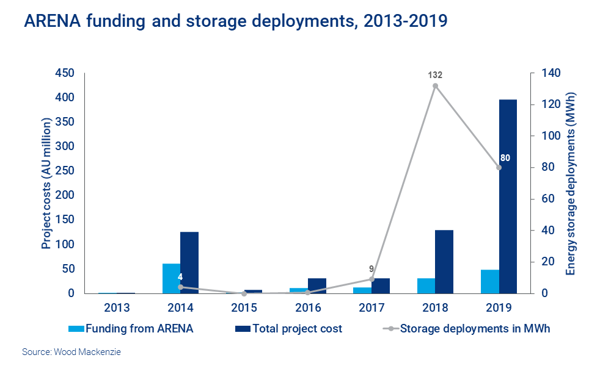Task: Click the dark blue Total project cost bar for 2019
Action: [x=508, y=196]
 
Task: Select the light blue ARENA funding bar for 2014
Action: [x=171, y=278]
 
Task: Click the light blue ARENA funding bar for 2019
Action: [x=490, y=281]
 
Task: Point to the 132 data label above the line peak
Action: [x=435, y=75]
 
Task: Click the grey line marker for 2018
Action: [x=435, y=86]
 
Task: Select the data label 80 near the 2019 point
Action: [x=505, y=158]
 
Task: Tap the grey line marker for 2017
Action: [x=371, y=279]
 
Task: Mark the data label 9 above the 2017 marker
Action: [x=371, y=268]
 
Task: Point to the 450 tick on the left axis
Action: [x=64, y=73]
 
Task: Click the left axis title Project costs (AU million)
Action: [x=46, y=184]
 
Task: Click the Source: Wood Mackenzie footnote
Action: [x=68, y=352]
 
